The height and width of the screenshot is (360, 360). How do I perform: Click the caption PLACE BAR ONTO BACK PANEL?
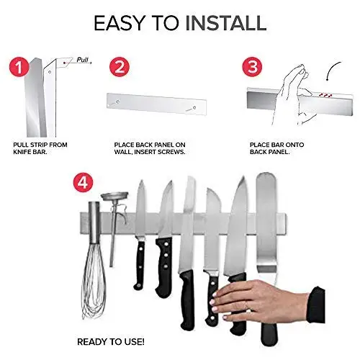coord(276,149)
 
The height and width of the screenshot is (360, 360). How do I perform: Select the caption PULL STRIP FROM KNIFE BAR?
coord(41,149)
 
